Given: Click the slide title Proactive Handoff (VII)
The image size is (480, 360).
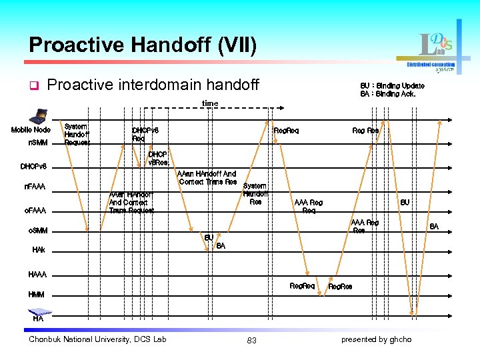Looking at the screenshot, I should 142,45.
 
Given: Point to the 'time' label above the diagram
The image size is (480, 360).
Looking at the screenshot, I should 210,103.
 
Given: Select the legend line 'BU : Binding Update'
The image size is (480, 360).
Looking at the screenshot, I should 392,86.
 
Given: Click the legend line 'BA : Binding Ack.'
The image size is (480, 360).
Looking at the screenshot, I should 387,94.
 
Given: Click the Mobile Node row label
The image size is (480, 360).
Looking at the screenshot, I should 31,130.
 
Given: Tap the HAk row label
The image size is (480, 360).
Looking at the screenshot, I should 39,250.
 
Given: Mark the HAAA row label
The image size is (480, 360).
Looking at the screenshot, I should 37,275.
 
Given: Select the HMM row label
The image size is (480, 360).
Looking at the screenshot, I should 37,294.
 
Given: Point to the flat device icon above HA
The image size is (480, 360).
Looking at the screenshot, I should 38,310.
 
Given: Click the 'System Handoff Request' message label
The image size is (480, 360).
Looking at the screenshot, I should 76,134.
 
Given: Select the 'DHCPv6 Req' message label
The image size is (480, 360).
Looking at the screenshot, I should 145,135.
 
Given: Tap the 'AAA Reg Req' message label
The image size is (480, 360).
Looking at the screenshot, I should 309,207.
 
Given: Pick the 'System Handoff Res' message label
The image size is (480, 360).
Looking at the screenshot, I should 255,194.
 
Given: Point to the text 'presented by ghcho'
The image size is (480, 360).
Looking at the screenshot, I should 376,339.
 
